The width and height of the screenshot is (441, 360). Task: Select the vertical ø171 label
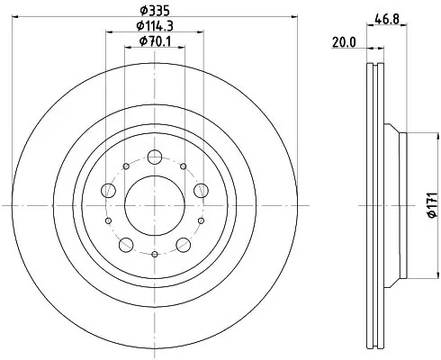pyautogui.click(x=431, y=206)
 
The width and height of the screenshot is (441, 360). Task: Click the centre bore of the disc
pyautogui.click(x=155, y=205)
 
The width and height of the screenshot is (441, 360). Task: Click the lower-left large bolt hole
pyautogui.click(x=127, y=244)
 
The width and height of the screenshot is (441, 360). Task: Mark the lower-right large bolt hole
pyautogui.click(x=183, y=244)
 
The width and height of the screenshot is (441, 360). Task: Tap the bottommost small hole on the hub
pyautogui.click(x=155, y=255)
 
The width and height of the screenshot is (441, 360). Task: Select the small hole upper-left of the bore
pyautogui.click(x=126, y=166)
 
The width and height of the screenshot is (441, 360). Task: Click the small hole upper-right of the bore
pyautogui.click(x=184, y=166)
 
